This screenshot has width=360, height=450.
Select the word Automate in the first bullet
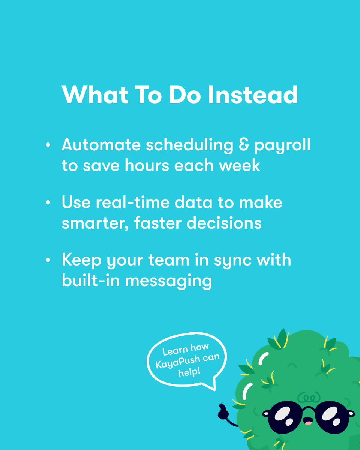pyautogui.click(x=100, y=145)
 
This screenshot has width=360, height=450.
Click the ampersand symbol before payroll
pyautogui.click(x=243, y=145)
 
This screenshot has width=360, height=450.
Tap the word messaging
pyautogui.click(x=168, y=281)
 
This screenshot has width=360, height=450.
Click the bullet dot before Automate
pyautogui.click(x=48, y=145)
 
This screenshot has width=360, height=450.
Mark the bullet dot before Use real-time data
pyautogui.click(x=48, y=203)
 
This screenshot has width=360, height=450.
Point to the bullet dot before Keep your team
pyautogui.click(x=48, y=260)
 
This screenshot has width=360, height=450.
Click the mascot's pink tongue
pyautogui.click(x=308, y=423)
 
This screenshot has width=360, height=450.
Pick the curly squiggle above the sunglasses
pyautogui.click(x=308, y=396)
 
